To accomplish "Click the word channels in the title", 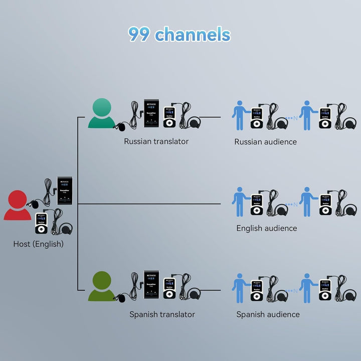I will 193,34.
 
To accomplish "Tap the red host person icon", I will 18,206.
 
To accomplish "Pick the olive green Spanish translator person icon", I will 103,286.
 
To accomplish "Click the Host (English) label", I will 39,244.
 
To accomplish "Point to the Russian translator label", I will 156,141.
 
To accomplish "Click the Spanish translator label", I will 162,314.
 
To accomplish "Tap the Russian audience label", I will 265,142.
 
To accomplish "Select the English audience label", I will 266,228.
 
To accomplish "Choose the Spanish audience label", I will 268,314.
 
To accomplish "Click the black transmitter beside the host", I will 65,191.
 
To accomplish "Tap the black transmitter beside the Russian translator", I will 151,113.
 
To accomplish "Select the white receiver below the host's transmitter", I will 42,222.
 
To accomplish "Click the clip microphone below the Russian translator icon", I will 121,127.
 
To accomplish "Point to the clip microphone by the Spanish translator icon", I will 120,298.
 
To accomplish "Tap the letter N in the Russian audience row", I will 295,119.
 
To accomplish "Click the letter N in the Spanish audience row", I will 295,291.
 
